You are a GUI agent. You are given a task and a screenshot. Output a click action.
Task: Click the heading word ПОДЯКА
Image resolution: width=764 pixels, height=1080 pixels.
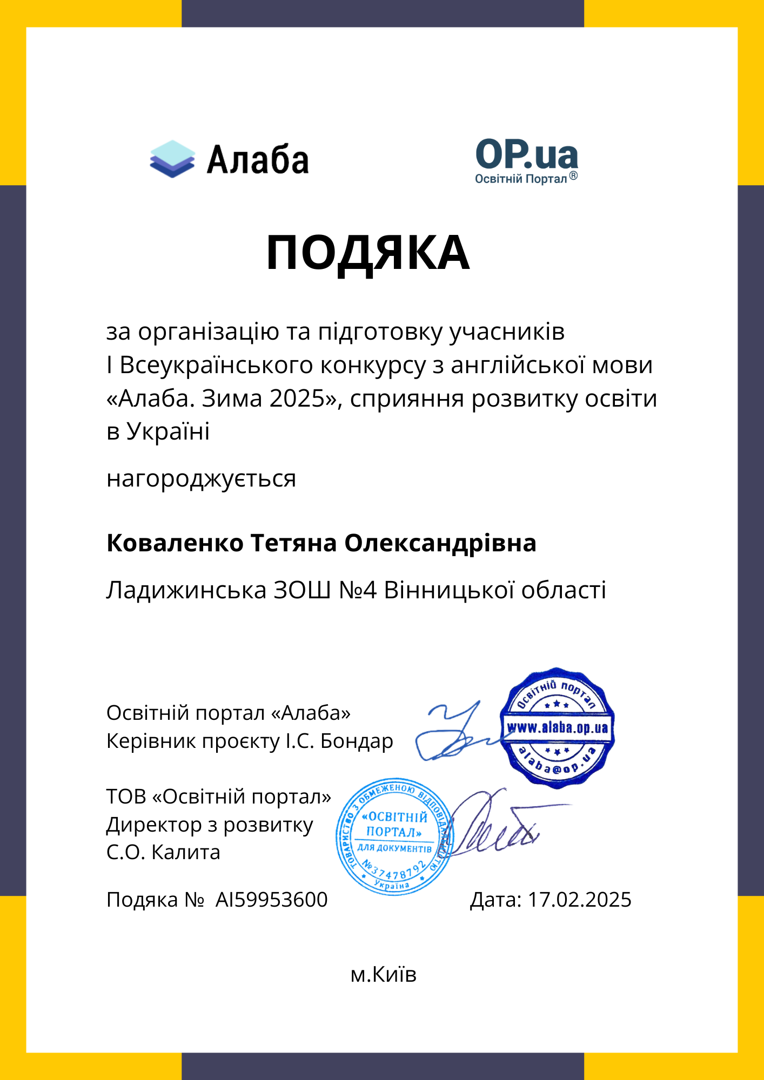pyautogui.click(x=368, y=253)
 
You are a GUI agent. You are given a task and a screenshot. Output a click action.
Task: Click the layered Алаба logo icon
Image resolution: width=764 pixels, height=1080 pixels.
pyautogui.click(x=172, y=159)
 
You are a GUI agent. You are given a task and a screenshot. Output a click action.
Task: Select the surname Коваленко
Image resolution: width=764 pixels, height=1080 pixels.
pyautogui.click(x=175, y=543)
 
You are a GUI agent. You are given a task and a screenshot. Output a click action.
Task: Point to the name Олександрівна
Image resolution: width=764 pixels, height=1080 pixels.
pyautogui.click(x=440, y=543)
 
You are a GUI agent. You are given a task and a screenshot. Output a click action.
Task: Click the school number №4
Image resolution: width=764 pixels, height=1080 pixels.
pyautogui.click(x=357, y=590)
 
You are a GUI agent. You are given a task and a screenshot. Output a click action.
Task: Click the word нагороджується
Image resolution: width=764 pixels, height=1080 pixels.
pyautogui.click(x=201, y=479)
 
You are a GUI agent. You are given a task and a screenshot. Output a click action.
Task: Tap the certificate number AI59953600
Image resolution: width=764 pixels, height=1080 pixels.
pyautogui.click(x=271, y=900)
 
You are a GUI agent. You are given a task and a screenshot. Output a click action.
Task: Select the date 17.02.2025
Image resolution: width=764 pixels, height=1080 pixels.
pyautogui.click(x=579, y=900)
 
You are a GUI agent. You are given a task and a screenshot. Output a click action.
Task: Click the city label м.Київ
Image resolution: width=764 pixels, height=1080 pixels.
pyautogui.click(x=383, y=975)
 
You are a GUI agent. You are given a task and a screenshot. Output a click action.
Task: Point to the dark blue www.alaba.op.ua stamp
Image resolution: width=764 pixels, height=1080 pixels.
pyautogui.click(x=557, y=727)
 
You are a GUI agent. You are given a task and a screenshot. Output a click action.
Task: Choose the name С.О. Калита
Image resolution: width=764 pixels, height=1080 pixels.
pyautogui.click(x=163, y=853)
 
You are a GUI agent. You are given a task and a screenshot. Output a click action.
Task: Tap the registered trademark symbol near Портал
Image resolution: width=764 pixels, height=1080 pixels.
pyautogui.click(x=573, y=176)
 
